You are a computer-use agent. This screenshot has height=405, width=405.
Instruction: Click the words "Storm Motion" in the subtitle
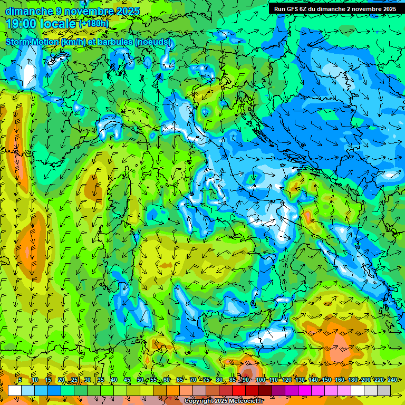(x=31, y=42)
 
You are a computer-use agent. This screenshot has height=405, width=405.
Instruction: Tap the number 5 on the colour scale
(x=20, y=380)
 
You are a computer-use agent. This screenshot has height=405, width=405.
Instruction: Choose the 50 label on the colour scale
(x=140, y=380)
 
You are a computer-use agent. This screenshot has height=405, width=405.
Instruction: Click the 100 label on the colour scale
(x=260, y=380)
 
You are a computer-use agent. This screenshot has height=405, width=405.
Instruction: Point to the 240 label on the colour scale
(x=392, y=380)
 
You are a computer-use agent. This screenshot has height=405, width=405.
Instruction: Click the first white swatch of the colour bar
(x=15, y=390)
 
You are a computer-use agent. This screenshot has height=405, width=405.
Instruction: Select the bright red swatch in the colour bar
(x=239, y=390)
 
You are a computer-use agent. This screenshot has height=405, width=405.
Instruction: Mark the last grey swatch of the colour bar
(x=384, y=390)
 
